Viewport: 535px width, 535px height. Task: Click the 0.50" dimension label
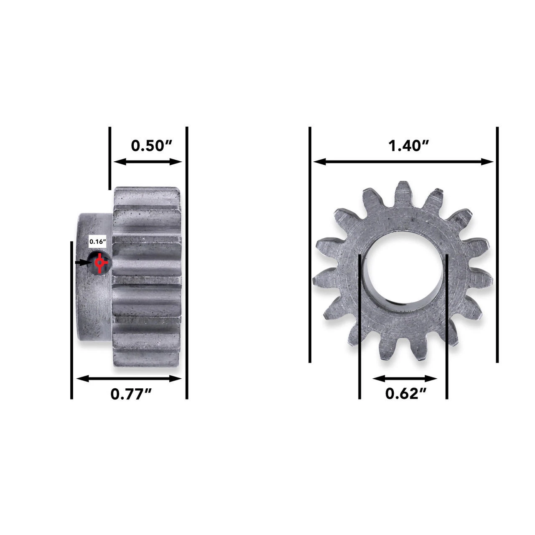[x=152, y=145]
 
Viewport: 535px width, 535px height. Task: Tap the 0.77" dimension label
[x=131, y=394]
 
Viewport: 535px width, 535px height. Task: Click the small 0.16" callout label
[x=98, y=242]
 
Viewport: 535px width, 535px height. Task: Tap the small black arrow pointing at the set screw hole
[x=82, y=262]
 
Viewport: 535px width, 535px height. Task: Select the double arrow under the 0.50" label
[x=148, y=162]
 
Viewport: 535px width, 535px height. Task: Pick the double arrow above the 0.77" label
[x=129, y=379]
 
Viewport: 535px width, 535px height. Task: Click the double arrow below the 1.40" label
[x=404, y=162]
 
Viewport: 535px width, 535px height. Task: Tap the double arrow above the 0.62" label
[x=405, y=379]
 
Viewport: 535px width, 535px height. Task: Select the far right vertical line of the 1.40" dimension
[x=497, y=245]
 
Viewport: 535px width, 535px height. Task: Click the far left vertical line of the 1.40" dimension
[x=310, y=245]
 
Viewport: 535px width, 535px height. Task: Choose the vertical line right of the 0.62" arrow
[x=447, y=326]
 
